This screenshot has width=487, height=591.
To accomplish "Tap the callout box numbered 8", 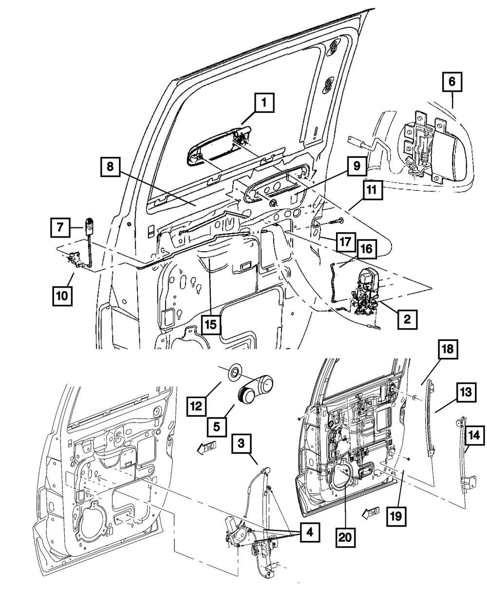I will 111,166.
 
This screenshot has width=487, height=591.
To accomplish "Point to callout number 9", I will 357,166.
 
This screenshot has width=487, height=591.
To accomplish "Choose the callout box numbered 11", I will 372,192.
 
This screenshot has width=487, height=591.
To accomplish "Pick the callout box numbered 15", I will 211,323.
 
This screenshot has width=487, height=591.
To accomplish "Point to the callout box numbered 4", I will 310,533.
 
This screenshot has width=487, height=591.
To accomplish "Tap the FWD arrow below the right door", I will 371,512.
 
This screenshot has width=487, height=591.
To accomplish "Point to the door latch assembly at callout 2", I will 367,292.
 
